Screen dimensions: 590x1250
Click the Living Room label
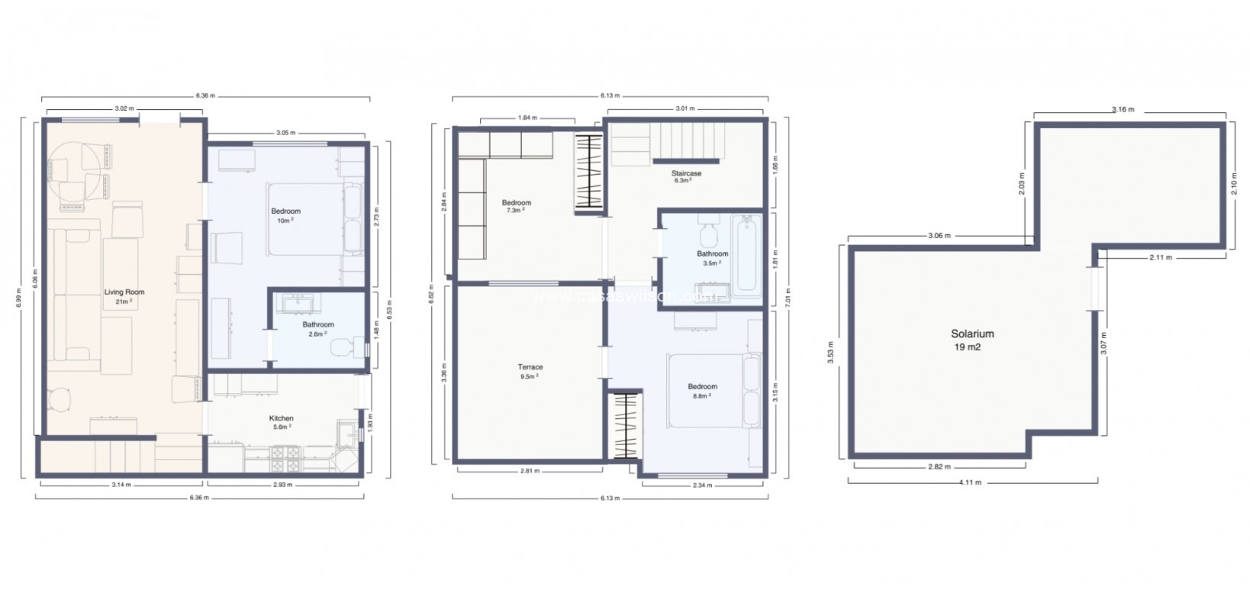124,292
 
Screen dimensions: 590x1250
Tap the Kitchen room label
281,418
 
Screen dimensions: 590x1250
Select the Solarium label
971,334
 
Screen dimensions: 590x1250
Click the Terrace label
530,367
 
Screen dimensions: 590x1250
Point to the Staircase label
686,174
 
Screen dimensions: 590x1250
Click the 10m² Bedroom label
285,211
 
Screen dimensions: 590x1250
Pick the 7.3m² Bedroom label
516,203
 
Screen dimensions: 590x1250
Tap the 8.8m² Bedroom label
702,387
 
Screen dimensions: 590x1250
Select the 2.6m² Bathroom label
317,325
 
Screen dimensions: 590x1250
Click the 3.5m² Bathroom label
712,254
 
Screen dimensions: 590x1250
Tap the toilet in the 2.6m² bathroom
344,348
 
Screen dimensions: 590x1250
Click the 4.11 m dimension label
971,482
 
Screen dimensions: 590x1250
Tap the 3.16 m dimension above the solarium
1123,110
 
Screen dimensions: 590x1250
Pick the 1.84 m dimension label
527,118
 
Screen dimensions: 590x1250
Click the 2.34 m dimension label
702,485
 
